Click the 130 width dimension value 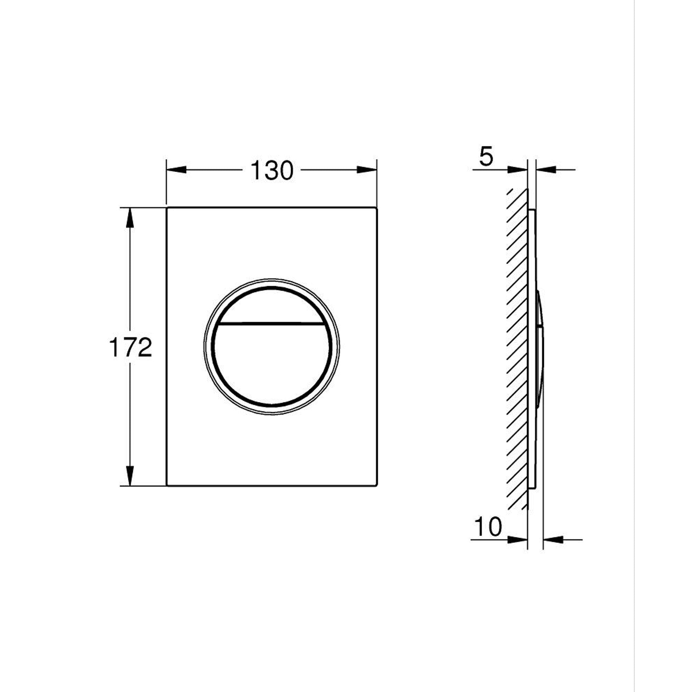click(272, 170)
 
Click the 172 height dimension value click(130, 347)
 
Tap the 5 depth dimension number click(486, 156)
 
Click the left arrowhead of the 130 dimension click(177, 170)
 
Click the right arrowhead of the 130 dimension click(367, 170)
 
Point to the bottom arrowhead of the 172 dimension click(130, 476)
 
